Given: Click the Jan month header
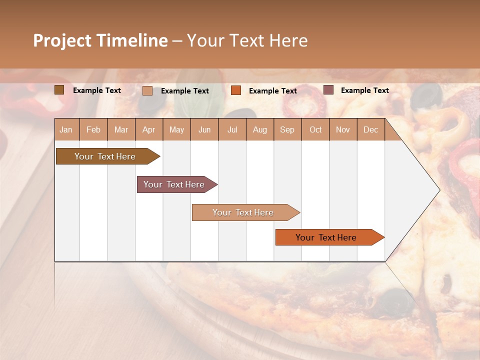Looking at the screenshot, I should [x=66, y=130].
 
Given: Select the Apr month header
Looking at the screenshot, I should [x=149, y=130].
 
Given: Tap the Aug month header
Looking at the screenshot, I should [x=260, y=130].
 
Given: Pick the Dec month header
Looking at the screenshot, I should [x=370, y=130].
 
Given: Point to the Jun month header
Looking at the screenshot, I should [x=204, y=130].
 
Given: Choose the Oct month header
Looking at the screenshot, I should [x=315, y=130].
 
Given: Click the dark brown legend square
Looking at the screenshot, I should [x=59, y=89].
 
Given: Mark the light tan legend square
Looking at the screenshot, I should [x=147, y=90].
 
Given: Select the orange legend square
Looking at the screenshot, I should [x=236, y=90].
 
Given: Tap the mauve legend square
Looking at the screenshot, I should [x=328, y=89].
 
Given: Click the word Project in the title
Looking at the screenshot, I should [x=62, y=40].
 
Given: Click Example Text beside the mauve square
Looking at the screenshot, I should [x=364, y=90].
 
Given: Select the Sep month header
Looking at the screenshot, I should [x=287, y=130].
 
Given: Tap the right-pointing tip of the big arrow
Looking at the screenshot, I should [x=437, y=189].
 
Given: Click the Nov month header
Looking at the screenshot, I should [x=343, y=130].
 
